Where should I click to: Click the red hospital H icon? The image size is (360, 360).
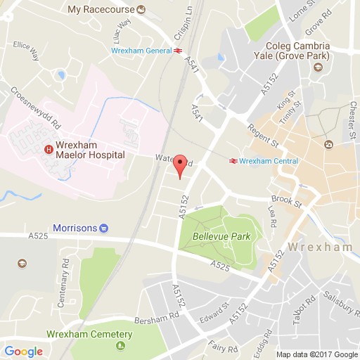[x=49, y=148]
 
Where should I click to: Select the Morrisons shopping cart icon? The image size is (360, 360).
[x=104, y=228]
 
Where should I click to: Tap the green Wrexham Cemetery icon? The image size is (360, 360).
[x=120, y=345]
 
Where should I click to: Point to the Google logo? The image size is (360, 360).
[x=22, y=351]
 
